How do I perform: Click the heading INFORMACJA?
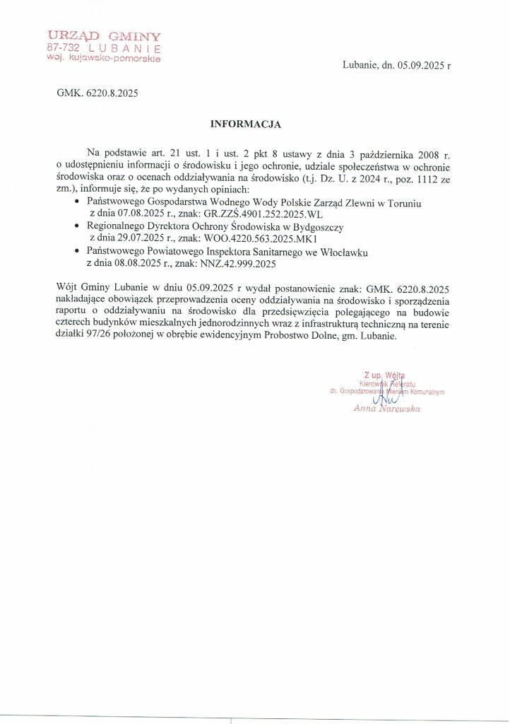click(x=246, y=124)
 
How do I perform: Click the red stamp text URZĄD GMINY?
click(x=104, y=35)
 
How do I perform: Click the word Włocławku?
click(x=339, y=252)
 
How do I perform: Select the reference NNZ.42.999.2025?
click(x=239, y=264)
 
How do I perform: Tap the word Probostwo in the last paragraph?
click(x=290, y=337)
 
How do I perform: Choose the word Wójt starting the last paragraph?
click(x=68, y=288)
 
